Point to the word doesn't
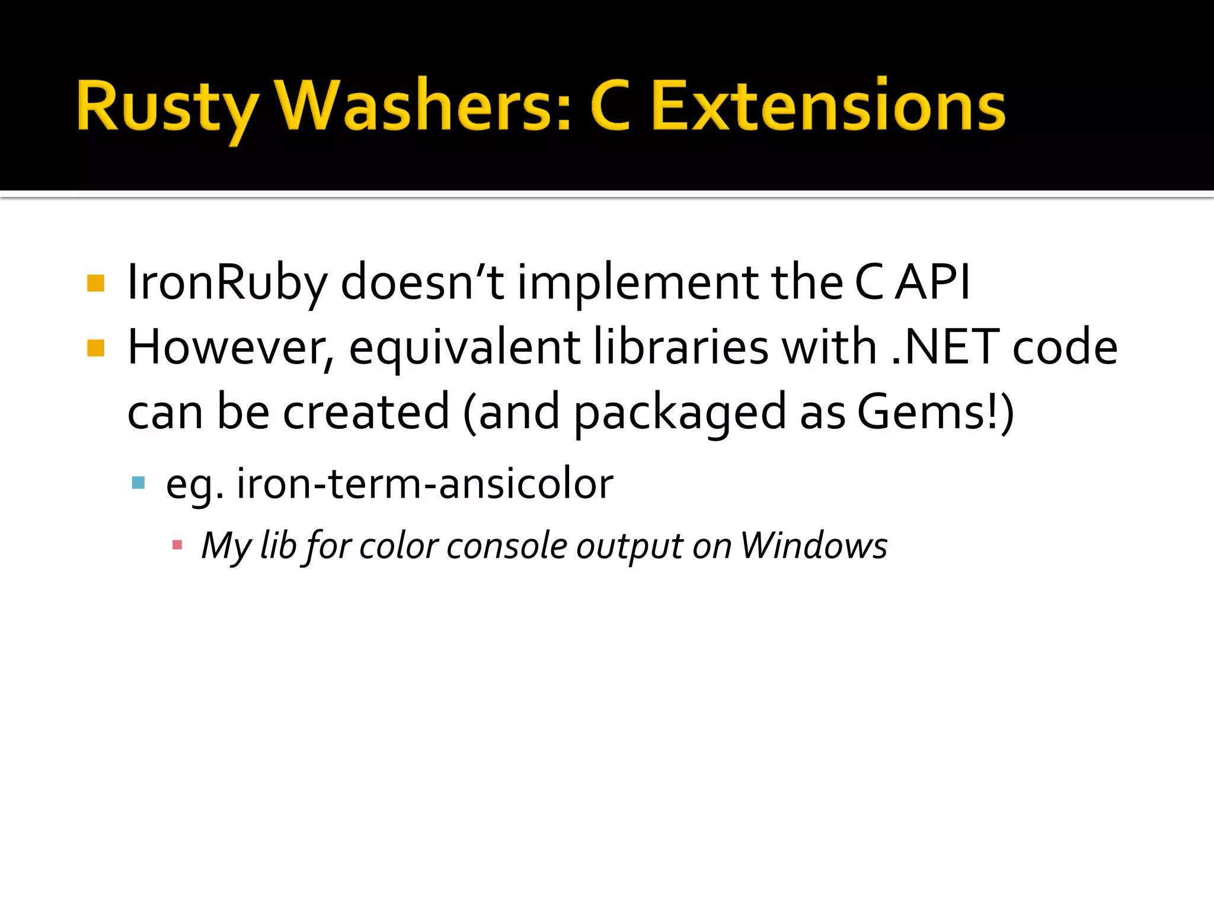click(x=423, y=282)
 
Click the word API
click(x=932, y=282)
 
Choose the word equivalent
click(x=464, y=349)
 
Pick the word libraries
click(x=681, y=348)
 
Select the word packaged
click(x=680, y=413)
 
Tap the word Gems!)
click(x=935, y=412)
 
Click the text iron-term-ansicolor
click(x=424, y=483)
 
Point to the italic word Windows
click(x=814, y=545)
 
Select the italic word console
click(x=507, y=545)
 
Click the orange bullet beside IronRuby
click(x=96, y=283)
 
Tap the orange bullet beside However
click(x=96, y=348)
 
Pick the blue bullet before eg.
click(x=139, y=483)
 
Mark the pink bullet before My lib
click(x=177, y=544)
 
